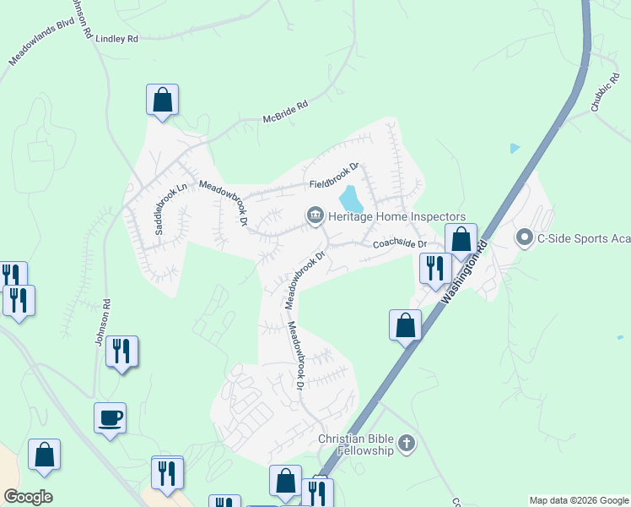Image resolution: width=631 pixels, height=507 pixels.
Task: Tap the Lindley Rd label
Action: click(x=117, y=39)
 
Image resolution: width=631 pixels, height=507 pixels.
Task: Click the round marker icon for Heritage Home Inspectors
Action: click(x=315, y=217)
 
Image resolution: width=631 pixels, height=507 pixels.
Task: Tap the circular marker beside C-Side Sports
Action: click(x=525, y=237)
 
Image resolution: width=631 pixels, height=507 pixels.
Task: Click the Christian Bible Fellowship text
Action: click(x=356, y=444)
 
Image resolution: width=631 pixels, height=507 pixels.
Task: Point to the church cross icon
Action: click(x=407, y=444)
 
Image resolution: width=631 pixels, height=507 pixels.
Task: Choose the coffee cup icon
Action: click(x=111, y=417)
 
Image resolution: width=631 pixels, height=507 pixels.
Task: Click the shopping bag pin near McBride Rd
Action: click(x=163, y=100)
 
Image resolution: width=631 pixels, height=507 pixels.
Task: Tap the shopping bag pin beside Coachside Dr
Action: click(x=461, y=239)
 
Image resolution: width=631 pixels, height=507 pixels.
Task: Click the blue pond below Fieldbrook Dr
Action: click(x=351, y=199)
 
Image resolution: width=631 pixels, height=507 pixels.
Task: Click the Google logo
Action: click(x=28, y=497)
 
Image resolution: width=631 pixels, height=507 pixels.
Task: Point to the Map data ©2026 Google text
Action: click(x=578, y=500)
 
